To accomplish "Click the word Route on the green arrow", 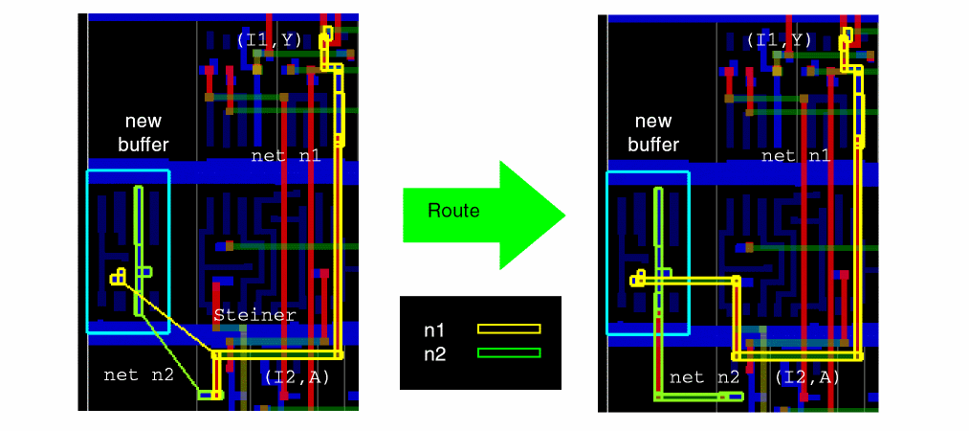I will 453,211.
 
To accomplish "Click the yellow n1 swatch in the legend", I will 509,329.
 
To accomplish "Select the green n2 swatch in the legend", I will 509,352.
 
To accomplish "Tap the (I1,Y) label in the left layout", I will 271,40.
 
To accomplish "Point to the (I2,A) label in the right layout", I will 807,377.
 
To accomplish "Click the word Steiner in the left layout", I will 254,314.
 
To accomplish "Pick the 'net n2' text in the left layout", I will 138,374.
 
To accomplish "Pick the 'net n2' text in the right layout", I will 705,377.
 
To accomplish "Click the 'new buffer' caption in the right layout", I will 654,133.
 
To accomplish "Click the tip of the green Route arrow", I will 564,215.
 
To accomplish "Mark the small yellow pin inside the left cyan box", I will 118,278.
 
